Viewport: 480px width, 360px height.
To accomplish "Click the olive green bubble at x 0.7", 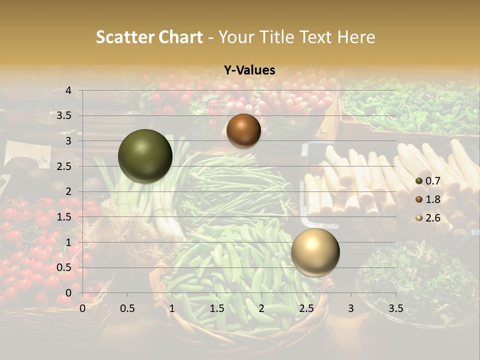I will [x=145, y=156].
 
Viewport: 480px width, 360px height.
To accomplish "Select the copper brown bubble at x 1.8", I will [x=243, y=130].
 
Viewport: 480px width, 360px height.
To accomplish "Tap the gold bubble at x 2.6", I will [x=315, y=252].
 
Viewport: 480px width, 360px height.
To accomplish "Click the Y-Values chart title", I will [x=249, y=70].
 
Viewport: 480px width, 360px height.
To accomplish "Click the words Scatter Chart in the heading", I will [x=149, y=37].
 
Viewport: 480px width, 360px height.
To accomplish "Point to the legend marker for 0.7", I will [x=419, y=180].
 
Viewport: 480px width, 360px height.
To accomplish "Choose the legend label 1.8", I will [x=432, y=199].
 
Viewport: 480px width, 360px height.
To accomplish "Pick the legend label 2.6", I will [x=432, y=218].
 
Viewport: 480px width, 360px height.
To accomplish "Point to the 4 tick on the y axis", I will [x=68, y=90].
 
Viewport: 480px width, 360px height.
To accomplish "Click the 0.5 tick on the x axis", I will [x=127, y=308].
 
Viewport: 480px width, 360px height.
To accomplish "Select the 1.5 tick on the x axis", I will [x=216, y=308].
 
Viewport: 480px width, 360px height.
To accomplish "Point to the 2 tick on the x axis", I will [x=261, y=308].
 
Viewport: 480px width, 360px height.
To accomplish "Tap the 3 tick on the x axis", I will [x=350, y=308].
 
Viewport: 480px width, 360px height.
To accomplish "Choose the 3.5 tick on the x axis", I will [x=395, y=308].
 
